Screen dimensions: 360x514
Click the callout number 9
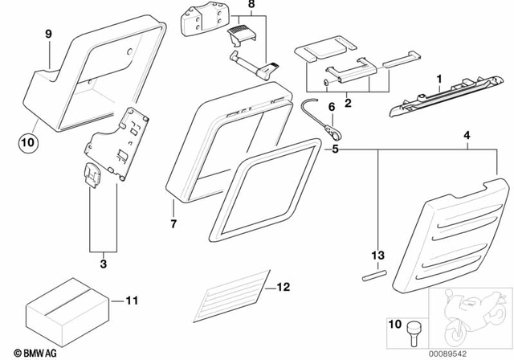click(x=47, y=34)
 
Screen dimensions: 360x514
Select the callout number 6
click(x=330, y=104)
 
